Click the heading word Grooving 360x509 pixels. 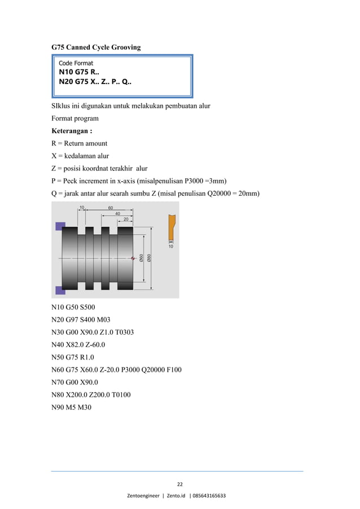125,47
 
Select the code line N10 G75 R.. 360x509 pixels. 78,72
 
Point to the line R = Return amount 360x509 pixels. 79,143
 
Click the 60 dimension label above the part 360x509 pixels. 111,208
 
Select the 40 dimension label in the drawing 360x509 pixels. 118,213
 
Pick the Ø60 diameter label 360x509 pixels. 141,257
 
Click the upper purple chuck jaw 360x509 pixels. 60,226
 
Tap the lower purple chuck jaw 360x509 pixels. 60,290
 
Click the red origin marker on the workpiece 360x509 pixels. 133,258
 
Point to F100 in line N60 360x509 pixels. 173,370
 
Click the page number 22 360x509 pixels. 179,484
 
